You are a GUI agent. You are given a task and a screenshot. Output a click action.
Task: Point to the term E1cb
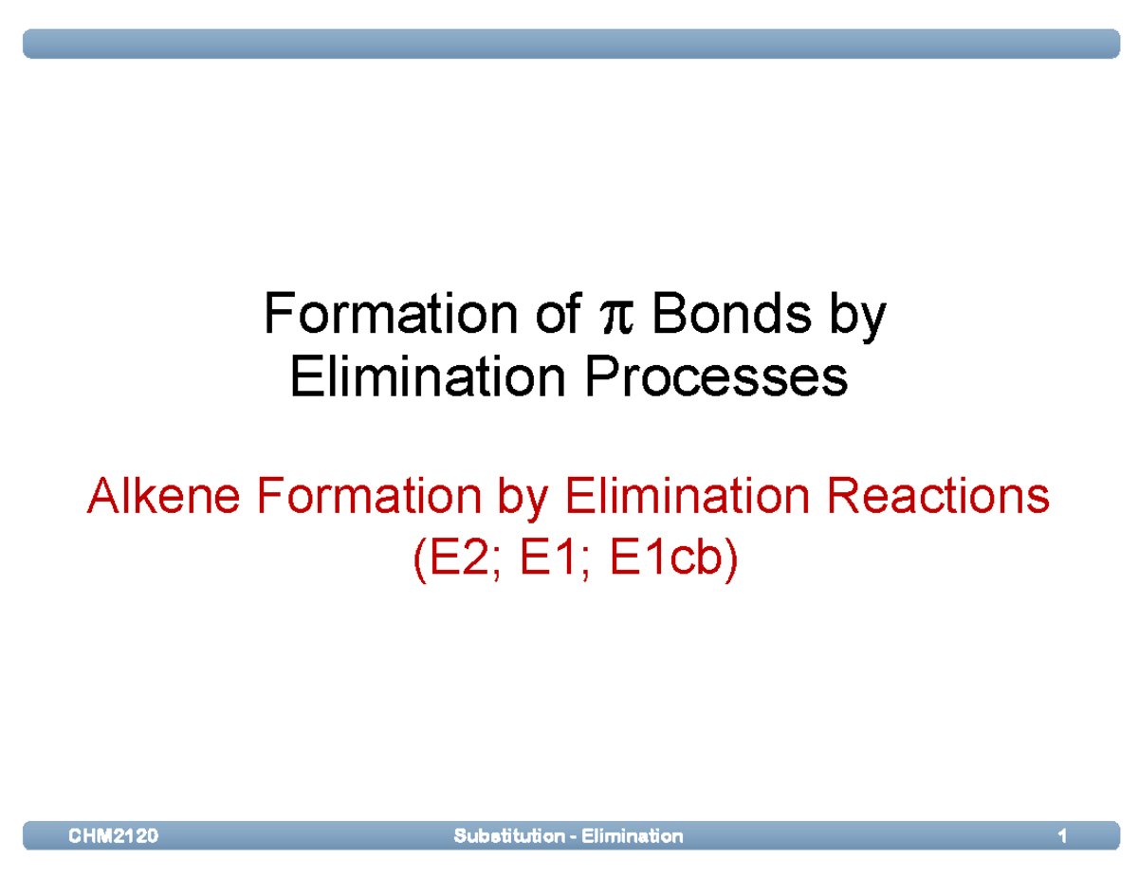point(667,559)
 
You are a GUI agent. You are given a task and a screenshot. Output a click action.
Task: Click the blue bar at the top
point(569,44)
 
